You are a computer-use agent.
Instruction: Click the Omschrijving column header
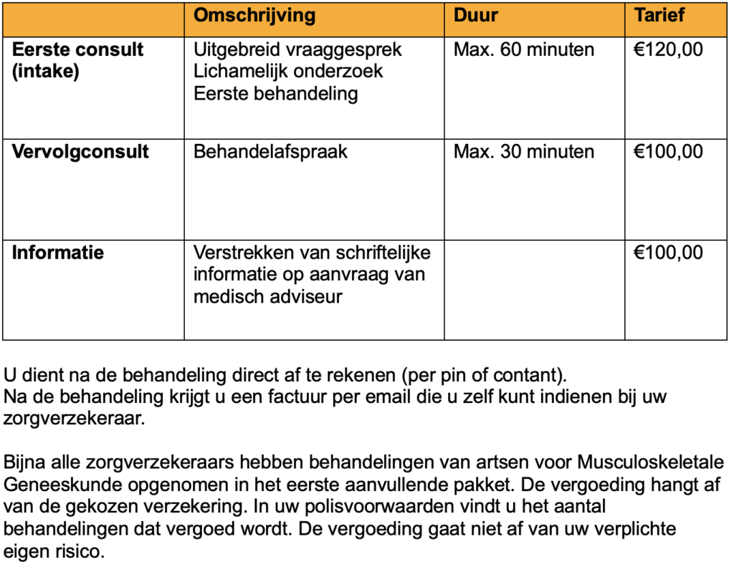click(x=254, y=16)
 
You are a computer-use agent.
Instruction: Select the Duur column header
click(x=476, y=16)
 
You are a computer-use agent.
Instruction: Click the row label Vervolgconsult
click(x=81, y=152)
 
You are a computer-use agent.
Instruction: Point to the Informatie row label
click(x=58, y=253)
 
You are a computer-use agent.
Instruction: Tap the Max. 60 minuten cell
click(x=524, y=50)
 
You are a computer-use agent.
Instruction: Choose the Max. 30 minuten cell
click(x=524, y=152)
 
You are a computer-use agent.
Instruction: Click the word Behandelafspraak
click(x=270, y=152)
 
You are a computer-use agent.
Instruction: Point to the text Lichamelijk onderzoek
click(x=288, y=72)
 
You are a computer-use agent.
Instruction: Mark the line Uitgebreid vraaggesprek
click(x=297, y=50)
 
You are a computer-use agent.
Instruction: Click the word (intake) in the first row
click(x=46, y=72)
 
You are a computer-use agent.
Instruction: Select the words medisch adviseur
click(x=268, y=295)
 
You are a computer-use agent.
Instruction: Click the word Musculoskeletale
click(x=651, y=462)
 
